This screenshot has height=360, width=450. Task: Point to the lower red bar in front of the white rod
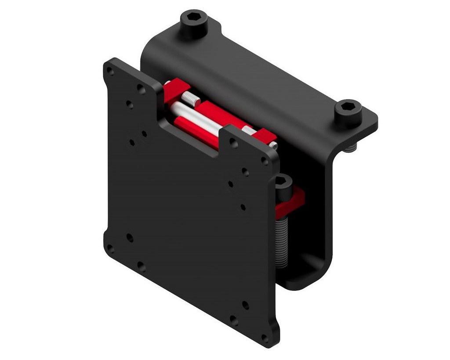(198, 132)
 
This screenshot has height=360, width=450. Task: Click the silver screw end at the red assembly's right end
(273, 144)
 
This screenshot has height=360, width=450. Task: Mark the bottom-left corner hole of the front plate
(110, 250)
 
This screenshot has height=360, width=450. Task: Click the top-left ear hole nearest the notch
(141, 89)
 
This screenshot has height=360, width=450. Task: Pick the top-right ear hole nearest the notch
(234, 144)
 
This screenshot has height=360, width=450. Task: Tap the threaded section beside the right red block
(247, 130)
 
